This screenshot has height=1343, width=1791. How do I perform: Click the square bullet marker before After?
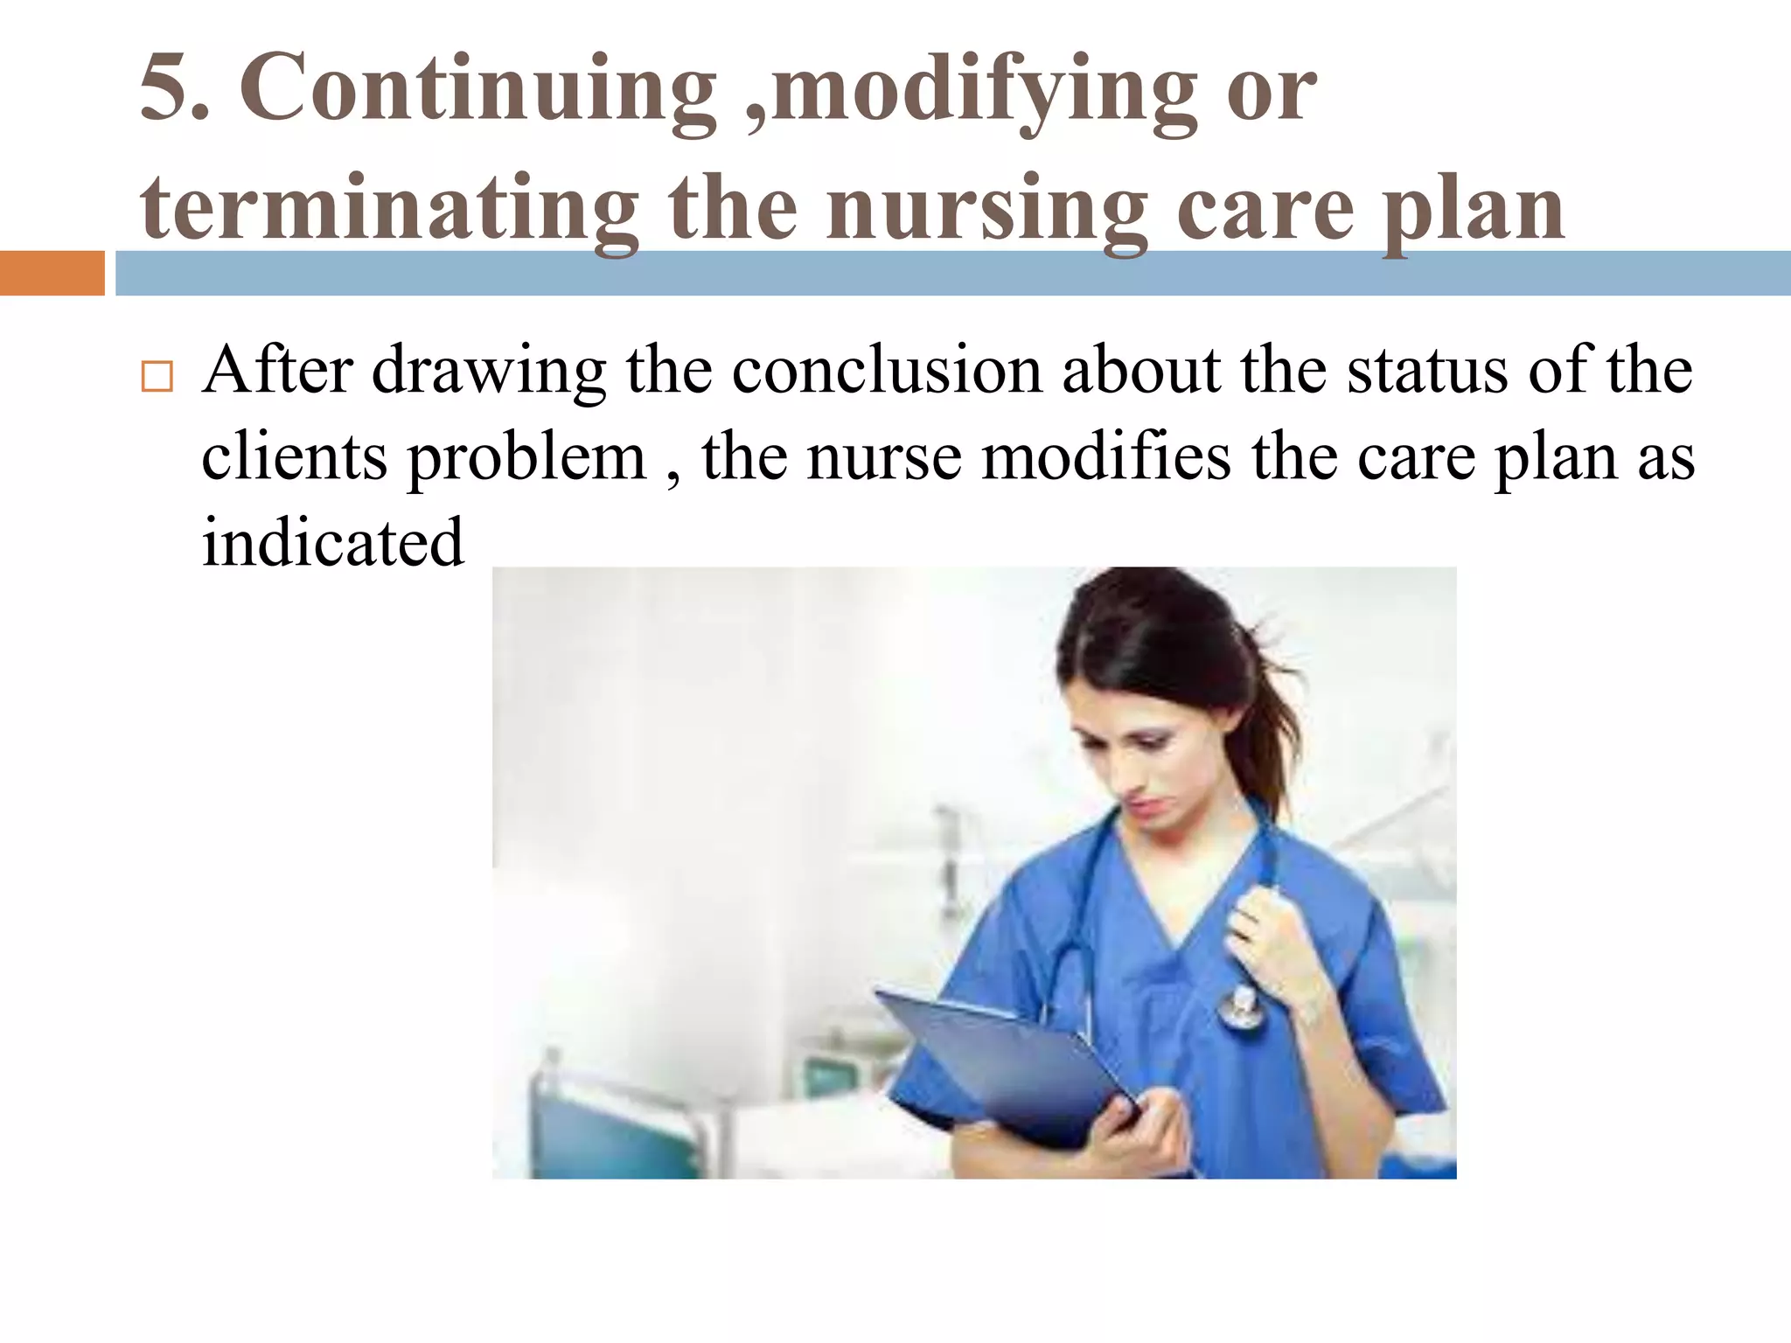tap(157, 376)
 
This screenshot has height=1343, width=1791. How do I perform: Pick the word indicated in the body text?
tap(332, 542)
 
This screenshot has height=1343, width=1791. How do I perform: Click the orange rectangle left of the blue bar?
tap(52, 273)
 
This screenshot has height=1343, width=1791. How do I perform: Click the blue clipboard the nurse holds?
tap(1006, 1067)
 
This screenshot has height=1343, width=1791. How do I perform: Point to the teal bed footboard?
tap(612, 1128)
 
